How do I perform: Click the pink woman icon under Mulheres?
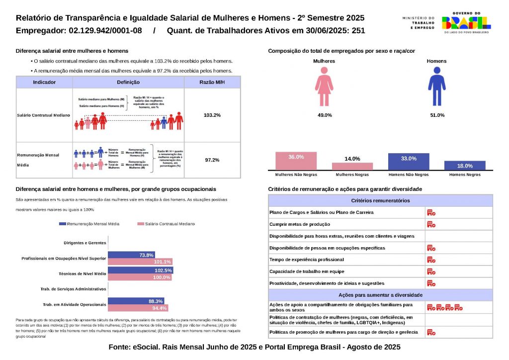pos(324,87)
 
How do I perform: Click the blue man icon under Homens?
pos(436,87)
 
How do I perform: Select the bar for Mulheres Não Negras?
pos(296,161)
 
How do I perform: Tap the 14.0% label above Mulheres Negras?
pos(352,159)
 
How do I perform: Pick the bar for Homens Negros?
pos(465,166)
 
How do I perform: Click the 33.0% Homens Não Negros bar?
pos(409,162)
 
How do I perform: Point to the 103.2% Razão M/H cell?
pos(212,115)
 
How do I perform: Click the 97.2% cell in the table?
pos(212,160)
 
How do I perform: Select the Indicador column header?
pos(44,83)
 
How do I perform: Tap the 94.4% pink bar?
pos(138,308)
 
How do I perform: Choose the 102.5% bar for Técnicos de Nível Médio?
pos(141,270)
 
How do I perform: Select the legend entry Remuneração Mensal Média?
pos(89,224)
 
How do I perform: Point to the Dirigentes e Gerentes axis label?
pos(85,243)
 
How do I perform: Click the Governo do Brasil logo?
pos(466,23)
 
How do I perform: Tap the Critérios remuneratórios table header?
pos(380,200)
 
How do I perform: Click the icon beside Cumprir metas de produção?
pos(431,224)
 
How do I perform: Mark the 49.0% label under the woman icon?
pos(325,115)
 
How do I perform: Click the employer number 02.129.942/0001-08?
pos(106,31)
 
